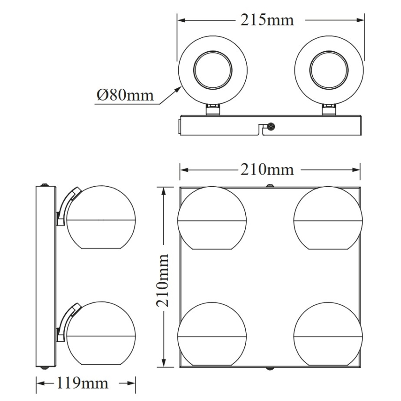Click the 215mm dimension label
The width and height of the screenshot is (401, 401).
267,20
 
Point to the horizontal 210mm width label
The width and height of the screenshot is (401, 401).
267,170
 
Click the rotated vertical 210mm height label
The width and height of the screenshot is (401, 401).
163,280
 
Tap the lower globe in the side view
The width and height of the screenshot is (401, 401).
101,334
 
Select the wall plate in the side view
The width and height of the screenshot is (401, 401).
45,276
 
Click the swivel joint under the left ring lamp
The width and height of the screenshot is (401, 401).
213,109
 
